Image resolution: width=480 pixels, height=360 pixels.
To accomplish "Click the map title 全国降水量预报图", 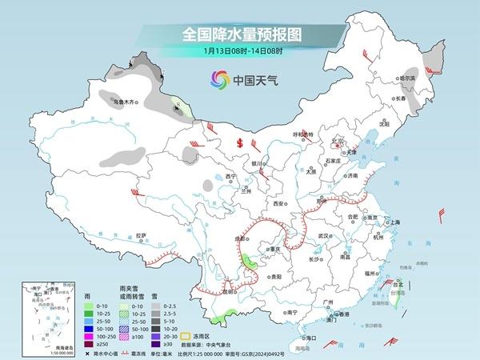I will point(239,35).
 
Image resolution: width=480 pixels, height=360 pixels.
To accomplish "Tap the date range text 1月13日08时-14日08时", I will point(239,53).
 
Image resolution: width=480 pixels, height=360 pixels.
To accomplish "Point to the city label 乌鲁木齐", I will point(126,102).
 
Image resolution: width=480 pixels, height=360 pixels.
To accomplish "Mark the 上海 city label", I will point(394,222).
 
